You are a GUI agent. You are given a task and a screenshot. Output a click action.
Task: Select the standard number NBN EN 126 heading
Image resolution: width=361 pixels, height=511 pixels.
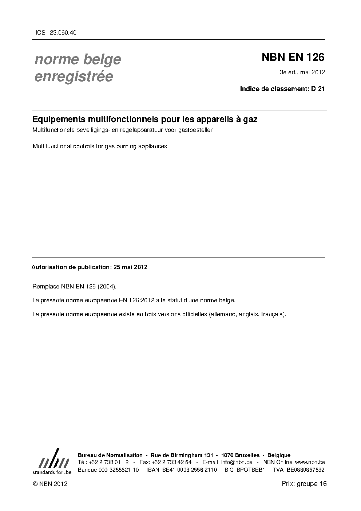pos(293,58)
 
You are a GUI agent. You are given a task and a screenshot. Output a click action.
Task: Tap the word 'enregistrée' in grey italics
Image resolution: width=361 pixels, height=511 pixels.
pos(74,76)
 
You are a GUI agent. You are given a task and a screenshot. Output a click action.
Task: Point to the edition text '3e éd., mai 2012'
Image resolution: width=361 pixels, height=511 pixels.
pos(302,72)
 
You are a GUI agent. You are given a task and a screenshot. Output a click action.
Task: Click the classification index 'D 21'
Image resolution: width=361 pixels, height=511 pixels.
pos(318,89)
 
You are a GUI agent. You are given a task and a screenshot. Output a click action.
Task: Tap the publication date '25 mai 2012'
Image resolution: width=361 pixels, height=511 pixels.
pos(130,267)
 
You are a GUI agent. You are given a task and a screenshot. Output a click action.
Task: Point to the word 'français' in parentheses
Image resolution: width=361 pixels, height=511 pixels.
pos(273,314)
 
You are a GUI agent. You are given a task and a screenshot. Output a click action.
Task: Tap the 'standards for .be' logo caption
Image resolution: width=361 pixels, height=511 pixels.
pos(52,472)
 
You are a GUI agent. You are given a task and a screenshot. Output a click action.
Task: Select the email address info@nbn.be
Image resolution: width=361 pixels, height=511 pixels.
pos(237,463)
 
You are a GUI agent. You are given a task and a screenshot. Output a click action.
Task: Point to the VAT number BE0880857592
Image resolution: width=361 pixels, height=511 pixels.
pos(305,470)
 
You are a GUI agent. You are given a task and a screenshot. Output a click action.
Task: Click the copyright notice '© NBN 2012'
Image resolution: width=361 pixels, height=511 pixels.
pos(50,484)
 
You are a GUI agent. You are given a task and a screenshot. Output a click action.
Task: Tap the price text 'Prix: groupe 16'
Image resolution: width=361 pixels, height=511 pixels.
pos(304,484)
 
